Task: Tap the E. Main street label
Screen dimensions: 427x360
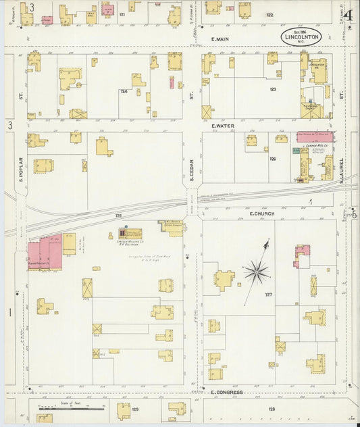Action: pos(221,39)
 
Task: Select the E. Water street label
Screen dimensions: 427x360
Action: pos(222,126)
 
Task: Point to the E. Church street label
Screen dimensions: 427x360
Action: pos(260,214)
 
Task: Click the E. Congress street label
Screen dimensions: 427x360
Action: pos(226,392)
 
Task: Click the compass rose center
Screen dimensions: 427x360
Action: pos(256,272)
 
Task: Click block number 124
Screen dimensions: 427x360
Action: pos(124,91)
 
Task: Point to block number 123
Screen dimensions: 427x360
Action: pos(273,89)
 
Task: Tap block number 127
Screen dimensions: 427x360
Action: pos(268,295)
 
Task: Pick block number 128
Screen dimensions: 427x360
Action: pos(272,409)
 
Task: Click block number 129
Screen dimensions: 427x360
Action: pos(134,409)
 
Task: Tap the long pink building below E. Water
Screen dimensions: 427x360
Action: pos(315,136)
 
